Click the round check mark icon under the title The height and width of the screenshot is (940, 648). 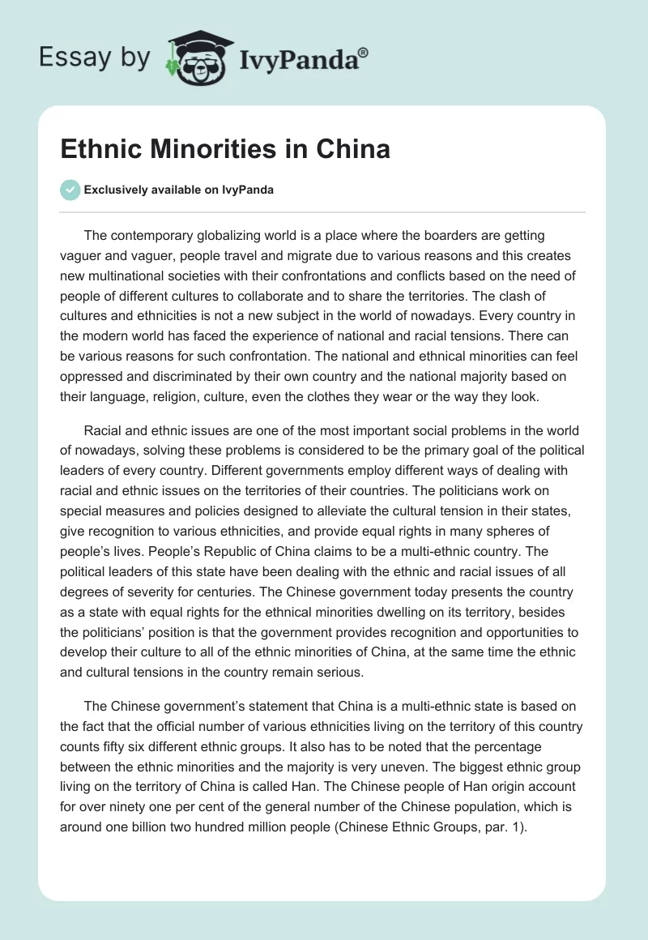click(x=70, y=190)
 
